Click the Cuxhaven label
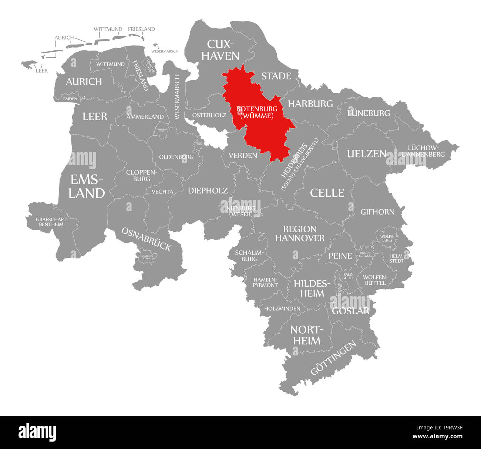coord(223,50)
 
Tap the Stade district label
coord(276,76)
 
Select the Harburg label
coord(310,104)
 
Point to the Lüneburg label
coord(369,113)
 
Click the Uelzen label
coord(366,154)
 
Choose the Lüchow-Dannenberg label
coord(423,151)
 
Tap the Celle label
coord(327,193)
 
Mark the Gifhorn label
coord(377,212)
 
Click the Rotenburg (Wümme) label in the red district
coord(257,112)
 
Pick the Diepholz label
coord(208,190)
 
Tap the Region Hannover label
coord(300,233)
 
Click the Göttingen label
coord(333,358)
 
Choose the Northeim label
coord(307,335)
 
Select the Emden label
coord(70,99)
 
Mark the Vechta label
coord(162,192)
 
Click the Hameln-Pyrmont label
coord(265,282)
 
